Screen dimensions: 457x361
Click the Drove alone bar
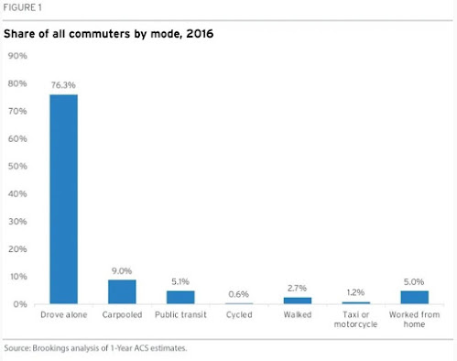tap(64, 199)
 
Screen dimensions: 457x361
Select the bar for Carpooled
tap(122, 291)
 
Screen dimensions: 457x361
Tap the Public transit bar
tap(180, 297)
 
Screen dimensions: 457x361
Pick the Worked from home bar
tap(414, 297)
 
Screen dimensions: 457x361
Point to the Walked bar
tap(298, 301)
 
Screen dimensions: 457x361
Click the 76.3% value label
tap(63, 85)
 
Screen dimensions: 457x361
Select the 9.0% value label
tap(122, 271)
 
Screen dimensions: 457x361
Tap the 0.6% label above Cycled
tap(239, 294)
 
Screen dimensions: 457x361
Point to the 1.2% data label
tap(355, 292)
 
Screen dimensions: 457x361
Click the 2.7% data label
tap(297, 288)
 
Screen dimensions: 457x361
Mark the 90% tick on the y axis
tap(17, 56)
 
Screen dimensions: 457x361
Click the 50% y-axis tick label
tap(17, 166)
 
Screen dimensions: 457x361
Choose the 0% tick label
tap(20, 304)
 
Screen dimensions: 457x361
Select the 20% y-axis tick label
tap(17, 249)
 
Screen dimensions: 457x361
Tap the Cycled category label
tap(239, 314)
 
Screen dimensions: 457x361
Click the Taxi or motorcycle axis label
tap(355, 319)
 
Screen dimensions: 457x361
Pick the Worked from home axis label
tap(414, 319)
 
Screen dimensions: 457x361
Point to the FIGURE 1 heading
tap(22, 7)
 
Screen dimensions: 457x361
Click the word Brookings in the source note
tap(50, 348)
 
